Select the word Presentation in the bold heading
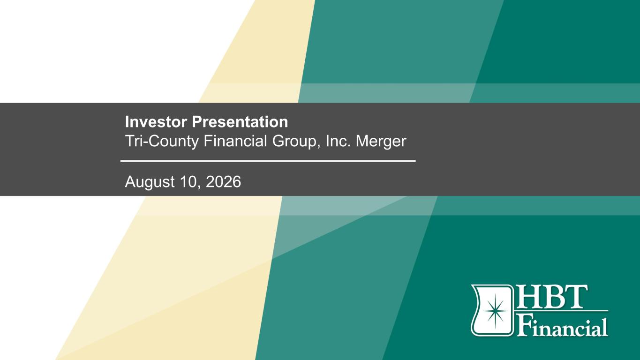[240, 122]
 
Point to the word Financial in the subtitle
[235, 141]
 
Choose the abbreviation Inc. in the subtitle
[338, 141]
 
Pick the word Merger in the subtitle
[381, 142]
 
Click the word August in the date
[150, 182]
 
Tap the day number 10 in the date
[189, 182]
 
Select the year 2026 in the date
[223, 182]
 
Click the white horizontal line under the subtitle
[268, 161]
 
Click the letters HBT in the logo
[551, 297]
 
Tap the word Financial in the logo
[562, 326]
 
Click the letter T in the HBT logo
[576, 297]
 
